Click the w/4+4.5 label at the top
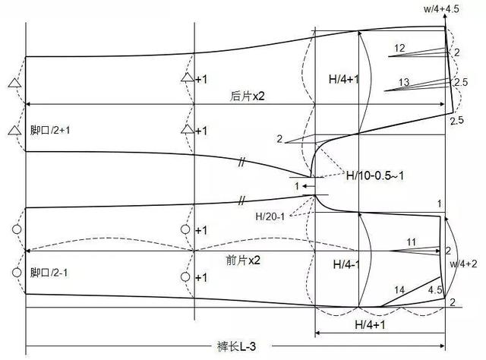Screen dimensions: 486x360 [441, 8]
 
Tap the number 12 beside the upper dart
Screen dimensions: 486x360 [399, 48]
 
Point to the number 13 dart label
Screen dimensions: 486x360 [404, 82]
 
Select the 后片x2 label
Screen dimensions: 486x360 [248, 96]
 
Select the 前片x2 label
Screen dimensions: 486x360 [243, 261]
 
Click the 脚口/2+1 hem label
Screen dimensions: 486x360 [50, 130]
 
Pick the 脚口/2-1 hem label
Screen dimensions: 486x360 [49, 273]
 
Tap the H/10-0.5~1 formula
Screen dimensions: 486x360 [374, 175]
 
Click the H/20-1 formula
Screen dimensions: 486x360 [270, 216]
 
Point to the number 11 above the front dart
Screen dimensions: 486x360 [412, 242]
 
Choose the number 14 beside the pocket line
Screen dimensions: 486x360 [399, 290]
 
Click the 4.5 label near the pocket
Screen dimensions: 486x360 [435, 290]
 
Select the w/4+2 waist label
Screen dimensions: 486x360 [463, 264]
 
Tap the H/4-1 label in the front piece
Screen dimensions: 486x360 [346, 264]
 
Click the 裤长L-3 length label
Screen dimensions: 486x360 [237, 346]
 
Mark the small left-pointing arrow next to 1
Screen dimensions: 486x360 [309, 186]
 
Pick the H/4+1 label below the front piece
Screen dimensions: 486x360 [370, 324]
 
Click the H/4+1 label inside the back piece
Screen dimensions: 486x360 [343, 80]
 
